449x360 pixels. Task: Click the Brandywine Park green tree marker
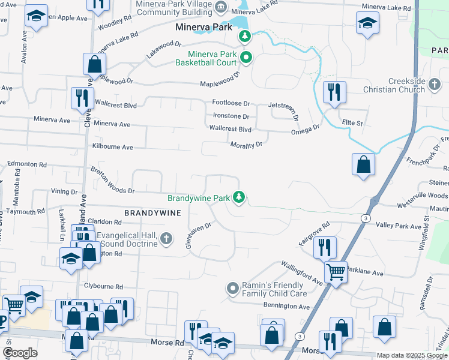point(239,197)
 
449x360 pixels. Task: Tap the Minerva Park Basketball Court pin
point(246,58)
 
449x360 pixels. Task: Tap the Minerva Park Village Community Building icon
point(221,8)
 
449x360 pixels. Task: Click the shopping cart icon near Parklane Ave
point(336,271)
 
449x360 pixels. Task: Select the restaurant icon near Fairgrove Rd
point(324,245)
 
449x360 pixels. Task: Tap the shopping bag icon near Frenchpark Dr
point(364,164)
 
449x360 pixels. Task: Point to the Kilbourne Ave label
point(112,146)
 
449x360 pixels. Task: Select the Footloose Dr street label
point(231,103)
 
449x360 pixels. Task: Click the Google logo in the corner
point(20,353)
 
